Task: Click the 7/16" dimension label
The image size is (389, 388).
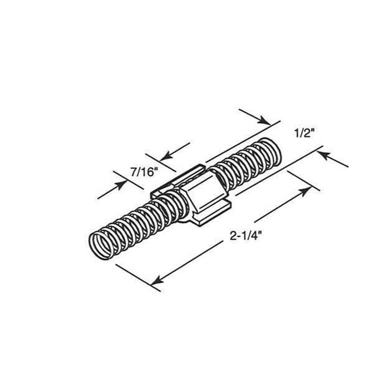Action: (139, 172)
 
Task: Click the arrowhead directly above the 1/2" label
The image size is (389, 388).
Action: (263, 120)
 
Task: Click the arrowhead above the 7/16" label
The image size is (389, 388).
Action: (164, 155)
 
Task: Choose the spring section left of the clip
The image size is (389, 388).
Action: (136, 222)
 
